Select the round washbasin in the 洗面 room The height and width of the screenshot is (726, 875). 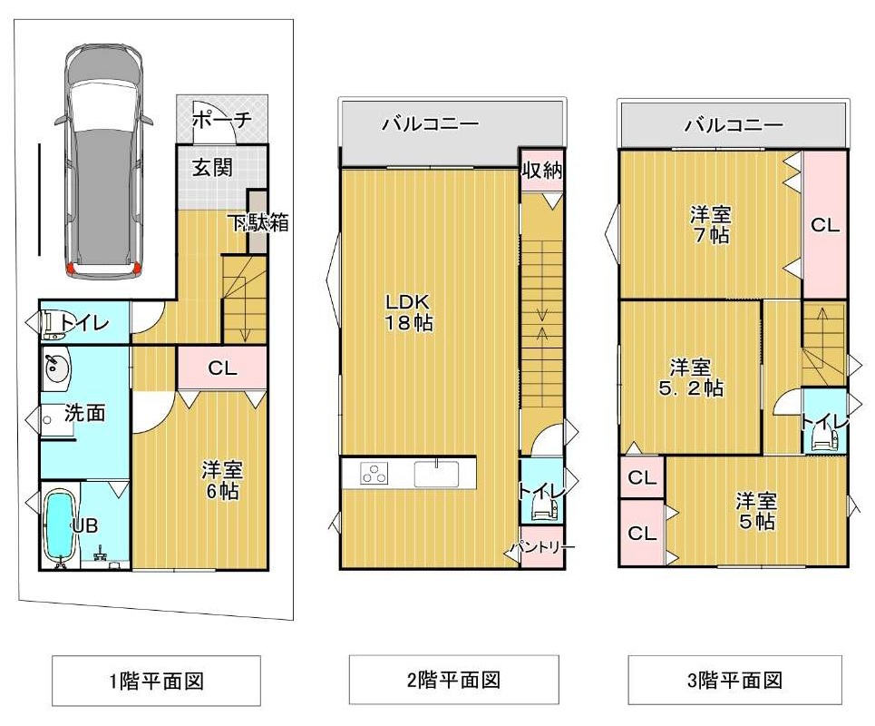[54, 368]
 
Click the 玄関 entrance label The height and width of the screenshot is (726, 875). [212, 167]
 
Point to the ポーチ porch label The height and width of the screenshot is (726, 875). [221, 119]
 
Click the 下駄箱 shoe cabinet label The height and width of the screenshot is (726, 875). [260, 223]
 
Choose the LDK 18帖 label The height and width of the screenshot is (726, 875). [408, 312]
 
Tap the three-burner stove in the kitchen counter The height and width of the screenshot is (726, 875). [374, 474]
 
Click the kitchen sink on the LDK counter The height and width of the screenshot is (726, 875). [436, 474]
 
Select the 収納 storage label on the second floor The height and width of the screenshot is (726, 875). [541, 171]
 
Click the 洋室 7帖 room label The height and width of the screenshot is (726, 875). [710, 224]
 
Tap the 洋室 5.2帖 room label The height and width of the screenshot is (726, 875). [691, 378]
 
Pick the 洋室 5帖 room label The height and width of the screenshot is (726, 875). [756, 510]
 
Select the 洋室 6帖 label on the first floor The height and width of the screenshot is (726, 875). [222, 480]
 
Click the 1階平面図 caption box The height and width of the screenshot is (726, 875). [156, 681]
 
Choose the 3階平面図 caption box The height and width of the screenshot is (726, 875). [735, 681]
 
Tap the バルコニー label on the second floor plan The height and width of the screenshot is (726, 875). [430, 123]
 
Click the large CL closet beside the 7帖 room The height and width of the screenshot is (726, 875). [825, 224]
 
